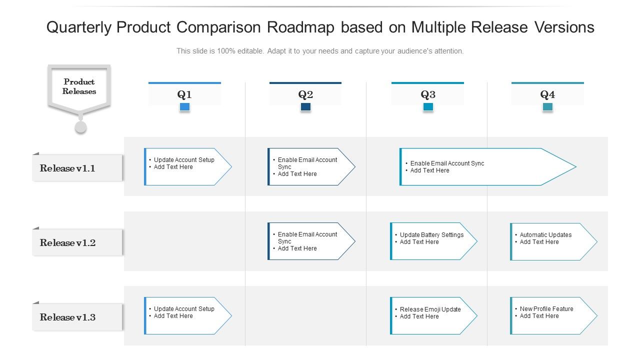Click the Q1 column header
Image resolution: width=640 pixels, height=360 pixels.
coord(184,94)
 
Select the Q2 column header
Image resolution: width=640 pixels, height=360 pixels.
coord(305,94)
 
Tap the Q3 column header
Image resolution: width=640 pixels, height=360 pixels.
coord(428,94)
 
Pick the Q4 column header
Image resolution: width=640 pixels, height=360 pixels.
coord(547,94)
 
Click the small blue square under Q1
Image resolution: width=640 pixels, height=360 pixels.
coord(184,107)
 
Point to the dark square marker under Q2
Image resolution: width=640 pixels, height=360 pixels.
coord(305,107)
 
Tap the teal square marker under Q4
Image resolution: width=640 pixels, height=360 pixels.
coord(547,107)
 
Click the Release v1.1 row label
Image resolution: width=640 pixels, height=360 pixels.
coord(67,168)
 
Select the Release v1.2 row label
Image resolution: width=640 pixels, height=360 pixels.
coord(67,243)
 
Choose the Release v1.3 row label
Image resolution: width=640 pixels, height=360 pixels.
coord(67,317)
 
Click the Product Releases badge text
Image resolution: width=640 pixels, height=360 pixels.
coord(79,86)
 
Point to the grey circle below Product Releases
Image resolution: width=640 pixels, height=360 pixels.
coord(80,127)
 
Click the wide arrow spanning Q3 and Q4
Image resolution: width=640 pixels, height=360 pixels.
coord(485,167)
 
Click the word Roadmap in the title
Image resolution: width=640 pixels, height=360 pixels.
coord(300,27)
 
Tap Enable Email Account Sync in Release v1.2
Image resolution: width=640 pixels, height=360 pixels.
coord(309,241)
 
